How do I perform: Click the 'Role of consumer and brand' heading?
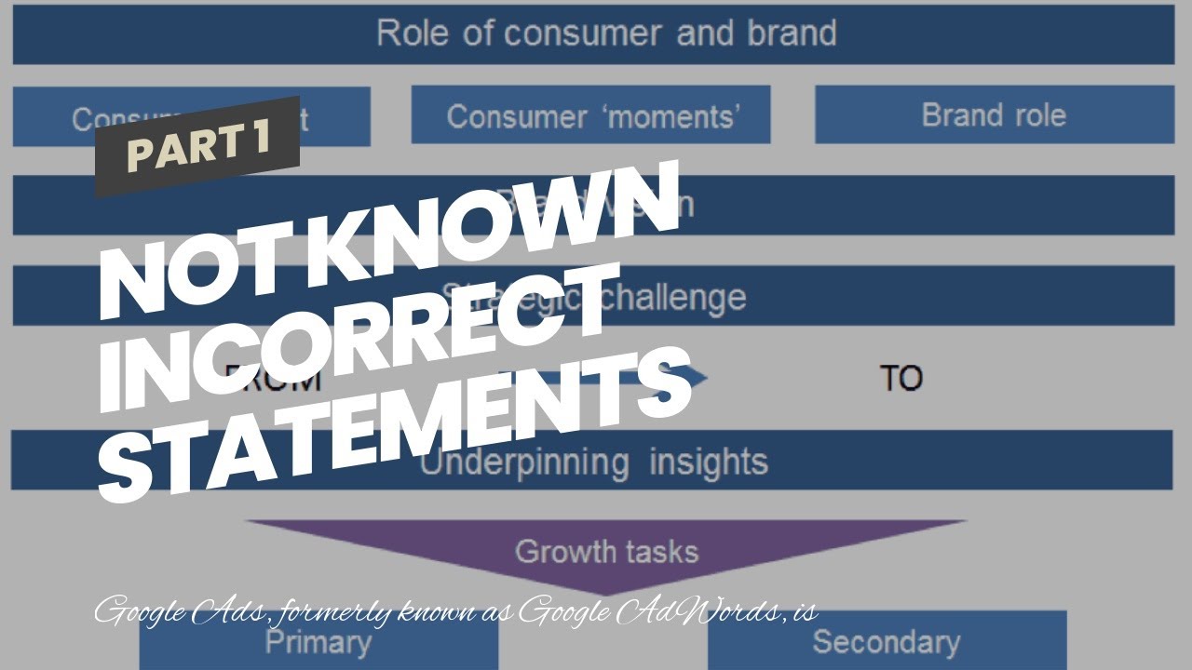pos(606,33)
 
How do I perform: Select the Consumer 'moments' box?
pos(593,116)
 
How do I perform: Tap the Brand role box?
pos(993,115)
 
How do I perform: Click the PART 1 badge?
pos(197,147)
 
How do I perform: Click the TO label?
pos(901,379)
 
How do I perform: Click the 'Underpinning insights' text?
pos(593,462)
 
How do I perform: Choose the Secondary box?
pos(885,642)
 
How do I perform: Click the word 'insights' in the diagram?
pos(708,462)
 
